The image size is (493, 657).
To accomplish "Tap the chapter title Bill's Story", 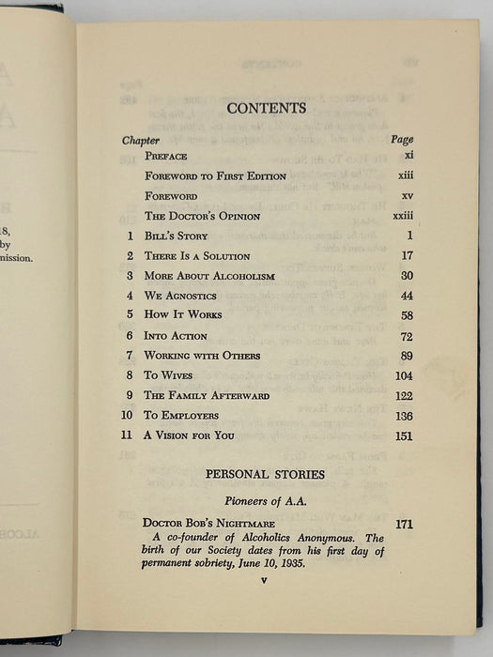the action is click(177, 236).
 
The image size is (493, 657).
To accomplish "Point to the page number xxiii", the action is click(402, 216).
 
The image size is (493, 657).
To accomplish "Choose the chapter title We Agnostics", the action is click(180, 296).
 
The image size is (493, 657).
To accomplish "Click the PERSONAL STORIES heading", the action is click(265, 475).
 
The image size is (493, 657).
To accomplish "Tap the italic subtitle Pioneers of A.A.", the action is click(266, 499).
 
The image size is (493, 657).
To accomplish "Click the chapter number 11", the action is click(129, 435).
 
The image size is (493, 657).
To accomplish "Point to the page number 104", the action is click(402, 375).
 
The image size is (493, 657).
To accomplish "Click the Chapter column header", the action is click(141, 140).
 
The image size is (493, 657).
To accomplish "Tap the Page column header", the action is click(402, 140).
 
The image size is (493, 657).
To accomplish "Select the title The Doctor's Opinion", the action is click(203, 216).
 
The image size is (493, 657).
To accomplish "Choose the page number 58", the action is click(405, 315).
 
